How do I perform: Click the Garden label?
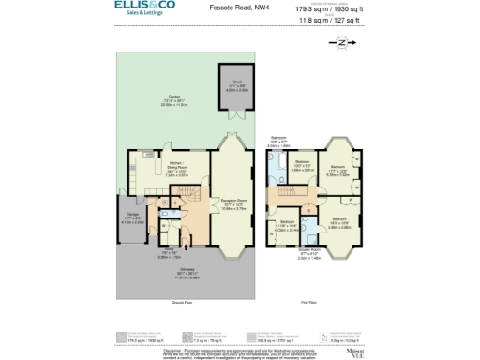[174, 98]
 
